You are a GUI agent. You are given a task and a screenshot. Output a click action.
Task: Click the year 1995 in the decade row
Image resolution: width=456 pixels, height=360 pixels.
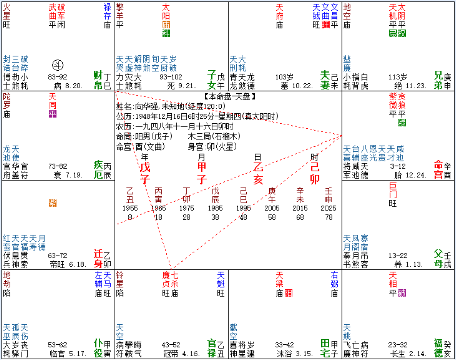(244, 207)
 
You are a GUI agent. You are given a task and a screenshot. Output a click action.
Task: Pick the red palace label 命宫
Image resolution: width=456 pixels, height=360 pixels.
(440, 166)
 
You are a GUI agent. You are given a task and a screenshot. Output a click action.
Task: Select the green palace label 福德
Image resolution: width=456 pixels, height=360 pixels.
(440, 348)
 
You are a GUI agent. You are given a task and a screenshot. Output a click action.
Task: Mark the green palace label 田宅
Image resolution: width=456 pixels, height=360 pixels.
(326, 348)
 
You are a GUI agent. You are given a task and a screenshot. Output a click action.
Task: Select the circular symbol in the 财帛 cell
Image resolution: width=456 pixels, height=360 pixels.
(58, 65)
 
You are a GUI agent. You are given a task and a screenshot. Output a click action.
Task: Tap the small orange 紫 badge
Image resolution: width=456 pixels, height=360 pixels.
(53, 203)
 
